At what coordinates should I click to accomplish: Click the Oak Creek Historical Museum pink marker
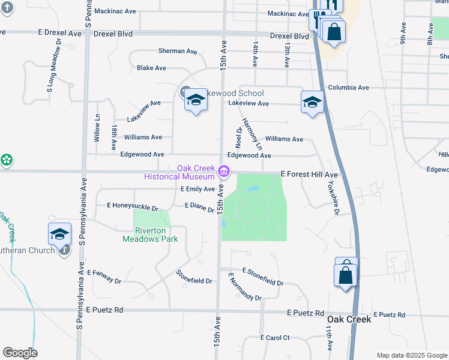[224, 172]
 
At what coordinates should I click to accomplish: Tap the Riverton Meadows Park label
[150, 235]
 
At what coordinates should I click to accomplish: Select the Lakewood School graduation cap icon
[195, 100]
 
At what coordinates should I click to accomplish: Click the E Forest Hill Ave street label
[310, 175]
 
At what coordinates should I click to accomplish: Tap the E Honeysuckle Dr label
[132, 206]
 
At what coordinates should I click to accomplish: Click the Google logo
[20, 353]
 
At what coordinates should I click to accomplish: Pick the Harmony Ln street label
[252, 133]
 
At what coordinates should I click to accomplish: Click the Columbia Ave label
[348, 88]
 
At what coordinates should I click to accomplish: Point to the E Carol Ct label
[275, 338]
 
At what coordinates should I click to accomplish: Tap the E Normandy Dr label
[245, 287]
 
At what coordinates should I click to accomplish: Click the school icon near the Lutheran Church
[59, 234]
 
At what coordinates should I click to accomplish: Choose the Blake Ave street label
[151, 68]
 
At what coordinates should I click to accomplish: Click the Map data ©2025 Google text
[412, 355]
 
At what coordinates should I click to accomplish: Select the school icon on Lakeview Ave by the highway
[312, 102]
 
